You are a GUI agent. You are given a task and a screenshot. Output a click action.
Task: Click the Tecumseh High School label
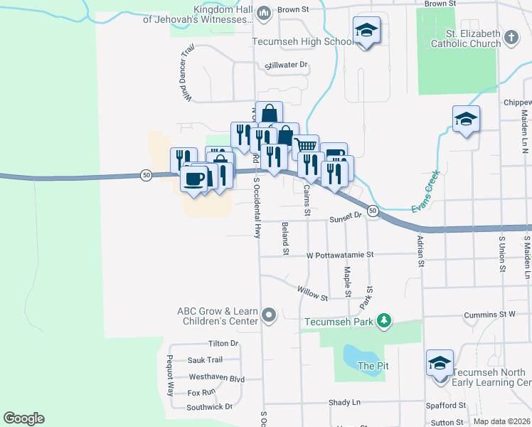pyautogui.click(x=303, y=41)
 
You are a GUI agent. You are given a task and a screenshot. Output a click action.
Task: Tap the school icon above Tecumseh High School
pyautogui.click(x=366, y=30)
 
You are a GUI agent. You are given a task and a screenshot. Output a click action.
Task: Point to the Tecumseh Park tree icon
pyautogui.click(x=384, y=321)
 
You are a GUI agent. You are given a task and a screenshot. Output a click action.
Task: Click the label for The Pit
pyautogui.click(x=374, y=367)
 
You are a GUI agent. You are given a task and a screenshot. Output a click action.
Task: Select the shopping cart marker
pyautogui.click(x=306, y=147)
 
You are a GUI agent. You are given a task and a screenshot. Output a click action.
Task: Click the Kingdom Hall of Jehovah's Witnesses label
pyautogui.click(x=197, y=15)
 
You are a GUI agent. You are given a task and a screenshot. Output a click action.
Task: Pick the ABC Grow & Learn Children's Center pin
pyautogui.click(x=269, y=315)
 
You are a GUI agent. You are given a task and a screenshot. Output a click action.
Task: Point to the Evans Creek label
pyautogui.click(x=426, y=191)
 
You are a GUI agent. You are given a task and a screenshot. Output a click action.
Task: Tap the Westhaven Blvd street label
pyautogui.click(x=216, y=378)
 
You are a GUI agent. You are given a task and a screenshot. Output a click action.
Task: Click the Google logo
pyautogui.click(x=23, y=418)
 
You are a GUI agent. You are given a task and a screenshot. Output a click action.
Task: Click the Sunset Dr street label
pyautogui.click(x=346, y=220)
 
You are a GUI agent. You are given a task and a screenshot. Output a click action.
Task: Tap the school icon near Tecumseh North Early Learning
pyautogui.click(x=440, y=364)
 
